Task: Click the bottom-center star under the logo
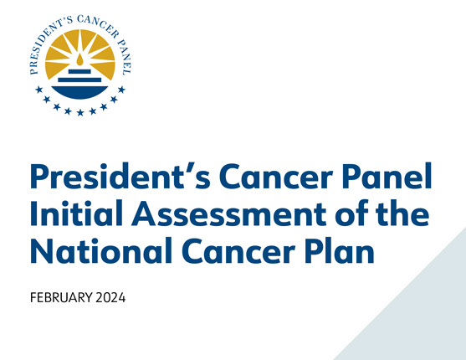(x=80, y=113)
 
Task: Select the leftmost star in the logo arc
(x=38, y=89)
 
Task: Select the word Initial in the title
(x=72, y=215)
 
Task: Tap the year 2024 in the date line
(x=109, y=299)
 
